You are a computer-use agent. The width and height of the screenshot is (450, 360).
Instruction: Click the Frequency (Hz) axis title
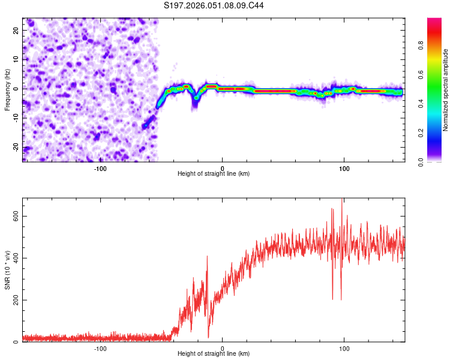[x=7, y=89]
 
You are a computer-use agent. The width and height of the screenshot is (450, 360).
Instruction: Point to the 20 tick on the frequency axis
[x=17, y=30]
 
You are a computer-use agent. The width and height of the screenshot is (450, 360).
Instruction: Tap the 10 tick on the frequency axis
[x=17, y=59]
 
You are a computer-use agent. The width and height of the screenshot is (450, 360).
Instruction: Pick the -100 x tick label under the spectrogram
[x=100, y=169]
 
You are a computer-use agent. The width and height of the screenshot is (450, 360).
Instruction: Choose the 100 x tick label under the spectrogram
[x=344, y=169]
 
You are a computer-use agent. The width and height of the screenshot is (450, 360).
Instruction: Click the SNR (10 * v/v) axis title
[x=7, y=269]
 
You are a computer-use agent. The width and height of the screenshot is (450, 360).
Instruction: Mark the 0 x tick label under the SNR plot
[x=223, y=349]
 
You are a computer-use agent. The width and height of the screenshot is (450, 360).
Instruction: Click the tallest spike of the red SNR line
[x=342, y=199]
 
